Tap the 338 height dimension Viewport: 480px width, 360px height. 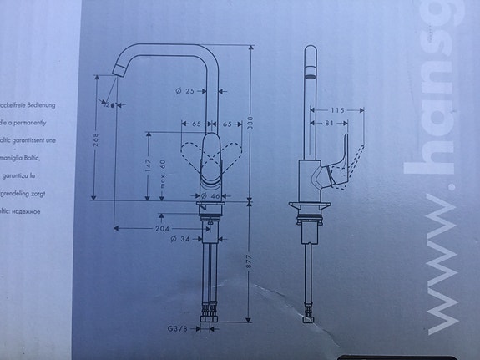(251, 121)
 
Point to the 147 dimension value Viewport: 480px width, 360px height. (148, 167)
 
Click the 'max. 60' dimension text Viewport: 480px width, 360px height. (163, 173)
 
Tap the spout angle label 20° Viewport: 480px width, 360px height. (109, 104)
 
